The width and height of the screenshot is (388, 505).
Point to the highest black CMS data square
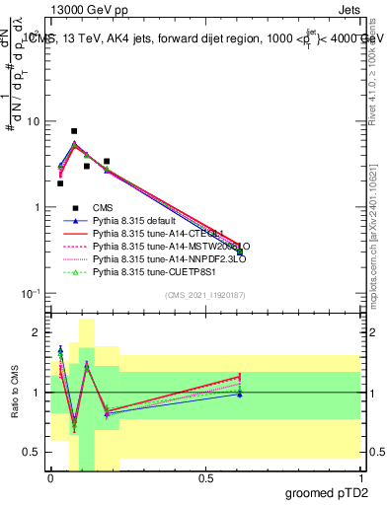tap(74, 131)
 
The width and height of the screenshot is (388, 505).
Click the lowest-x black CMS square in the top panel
tap(60, 183)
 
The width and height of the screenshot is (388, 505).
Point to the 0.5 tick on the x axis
tap(205, 477)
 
